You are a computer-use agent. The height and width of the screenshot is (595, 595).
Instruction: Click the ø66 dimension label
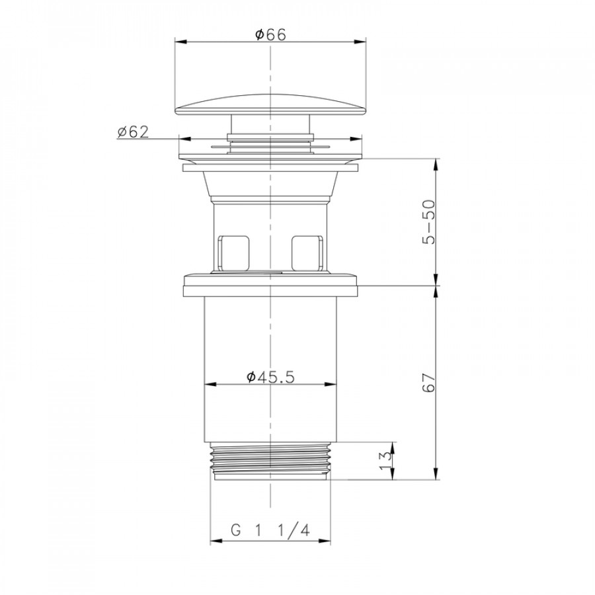pos(270,34)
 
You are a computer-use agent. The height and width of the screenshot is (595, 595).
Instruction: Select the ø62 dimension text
pos(133,132)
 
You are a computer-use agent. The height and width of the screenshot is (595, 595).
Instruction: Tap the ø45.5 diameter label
pos(270,377)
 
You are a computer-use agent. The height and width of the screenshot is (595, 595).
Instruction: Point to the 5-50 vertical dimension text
pos(429,221)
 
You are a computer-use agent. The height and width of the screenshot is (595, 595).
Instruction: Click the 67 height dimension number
pos(429,382)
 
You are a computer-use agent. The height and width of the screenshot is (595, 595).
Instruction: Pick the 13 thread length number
pos(385,460)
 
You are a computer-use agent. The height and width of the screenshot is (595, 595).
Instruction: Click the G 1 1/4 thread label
pos(270,530)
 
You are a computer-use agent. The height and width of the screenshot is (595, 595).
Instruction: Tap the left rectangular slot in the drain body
pos(233,253)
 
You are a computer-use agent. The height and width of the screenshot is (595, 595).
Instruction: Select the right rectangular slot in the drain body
pos(307,253)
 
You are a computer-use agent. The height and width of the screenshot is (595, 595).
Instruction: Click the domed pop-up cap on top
pos(270,104)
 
